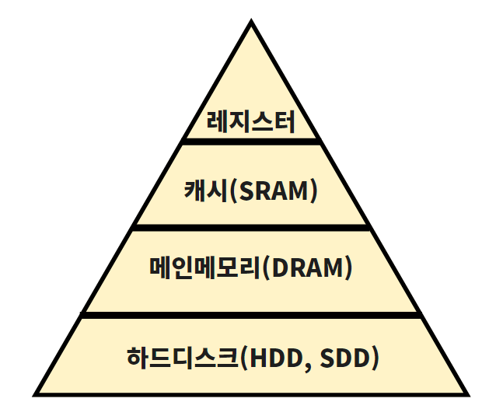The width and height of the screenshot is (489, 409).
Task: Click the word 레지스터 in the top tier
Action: point(251,122)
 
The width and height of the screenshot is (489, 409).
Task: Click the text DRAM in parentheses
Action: point(306,268)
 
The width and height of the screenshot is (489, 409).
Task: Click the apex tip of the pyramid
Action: point(251,24)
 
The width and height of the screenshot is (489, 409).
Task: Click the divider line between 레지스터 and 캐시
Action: point(251,142)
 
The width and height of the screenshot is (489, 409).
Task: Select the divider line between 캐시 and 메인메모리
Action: point(251,227)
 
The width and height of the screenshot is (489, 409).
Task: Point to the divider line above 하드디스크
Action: point(251,315)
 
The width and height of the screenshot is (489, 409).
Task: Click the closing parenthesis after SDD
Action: point(375,358)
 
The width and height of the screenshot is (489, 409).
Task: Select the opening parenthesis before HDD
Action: point(243,358)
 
